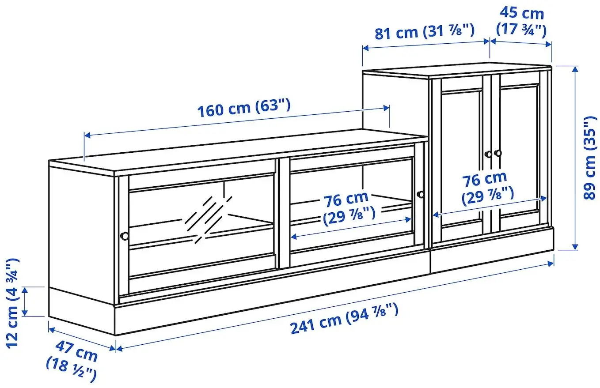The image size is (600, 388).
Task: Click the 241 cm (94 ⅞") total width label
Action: tap(344, 319)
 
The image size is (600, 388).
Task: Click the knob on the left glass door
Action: tap(125, 236)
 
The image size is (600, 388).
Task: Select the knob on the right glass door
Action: tap(420, 194)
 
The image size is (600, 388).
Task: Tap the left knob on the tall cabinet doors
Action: tap(488, 154)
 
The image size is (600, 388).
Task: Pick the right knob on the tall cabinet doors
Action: tap(498, 153)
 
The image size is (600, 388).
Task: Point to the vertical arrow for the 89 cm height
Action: tap(575, 158)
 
